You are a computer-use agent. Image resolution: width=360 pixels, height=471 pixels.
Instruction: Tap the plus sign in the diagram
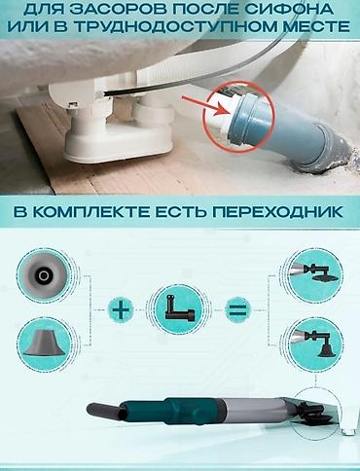pyautogui.click(x=120, y=311)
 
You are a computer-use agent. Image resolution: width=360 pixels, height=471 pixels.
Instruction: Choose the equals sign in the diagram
pyautogui.click(x=236, y=311)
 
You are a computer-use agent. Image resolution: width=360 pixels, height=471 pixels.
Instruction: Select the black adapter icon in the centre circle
pyautogui.click(x=177, y=311)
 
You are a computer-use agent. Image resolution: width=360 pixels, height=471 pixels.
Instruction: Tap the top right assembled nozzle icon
pyautogui.click(x=308, y=273)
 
